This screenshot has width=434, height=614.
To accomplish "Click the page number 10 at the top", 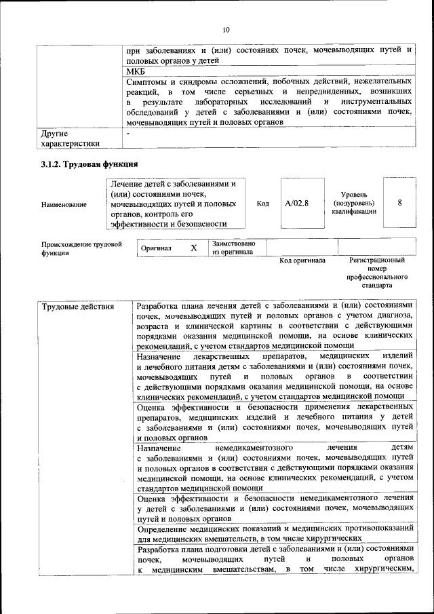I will tap(226, 29).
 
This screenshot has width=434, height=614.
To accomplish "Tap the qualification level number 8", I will tap(399, 203).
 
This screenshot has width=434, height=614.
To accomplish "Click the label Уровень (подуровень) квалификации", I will tap(352, 203).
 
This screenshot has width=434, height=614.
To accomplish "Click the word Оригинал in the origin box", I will tap(156, 249).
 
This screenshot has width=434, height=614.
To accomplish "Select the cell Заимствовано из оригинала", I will tap(233, 248).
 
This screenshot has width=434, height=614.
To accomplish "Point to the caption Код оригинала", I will tap(302, 261).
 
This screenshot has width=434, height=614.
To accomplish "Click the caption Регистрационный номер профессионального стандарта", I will tap(377, 273).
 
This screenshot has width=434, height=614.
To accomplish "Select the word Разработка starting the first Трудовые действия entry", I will tap(159, 306).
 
